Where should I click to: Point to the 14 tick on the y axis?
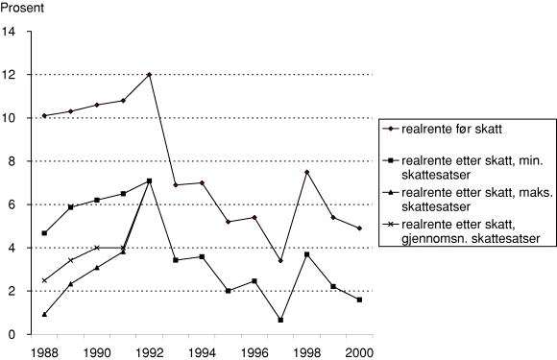pos(11,32)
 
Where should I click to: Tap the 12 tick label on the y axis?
pos(11,75)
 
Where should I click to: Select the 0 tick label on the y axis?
pos(13,334)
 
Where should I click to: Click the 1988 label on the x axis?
pos(44,351)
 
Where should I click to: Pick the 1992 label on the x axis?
pos(149,351)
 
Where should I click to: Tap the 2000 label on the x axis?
pos(358,351)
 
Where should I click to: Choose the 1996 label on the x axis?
pos(254,351)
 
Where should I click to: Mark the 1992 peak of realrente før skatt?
pos(149,75)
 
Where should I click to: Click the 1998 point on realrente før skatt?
pos(306,172)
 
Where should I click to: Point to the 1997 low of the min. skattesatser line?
pos(280,320)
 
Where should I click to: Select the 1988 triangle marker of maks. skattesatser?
pos(44,314)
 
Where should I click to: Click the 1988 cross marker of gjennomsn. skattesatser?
pos(44,280)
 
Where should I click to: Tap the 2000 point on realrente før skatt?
pos(358,228)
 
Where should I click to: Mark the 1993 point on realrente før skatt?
pos(175,185)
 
